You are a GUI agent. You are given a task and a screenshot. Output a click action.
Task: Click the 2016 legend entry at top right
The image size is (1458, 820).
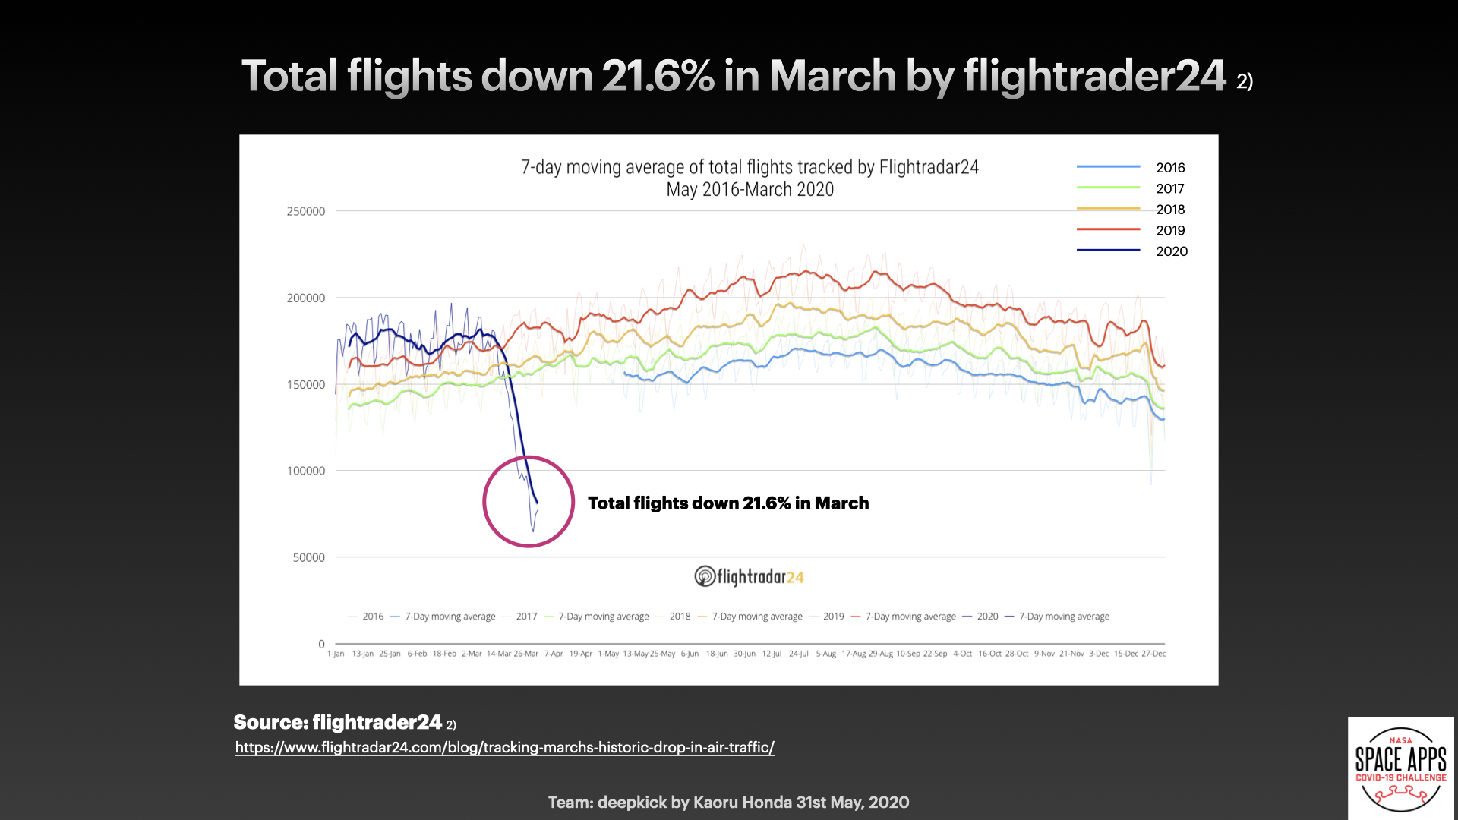(x=1169, y=167)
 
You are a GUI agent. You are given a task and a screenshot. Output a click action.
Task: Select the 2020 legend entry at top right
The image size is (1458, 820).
(x=1171, y=251)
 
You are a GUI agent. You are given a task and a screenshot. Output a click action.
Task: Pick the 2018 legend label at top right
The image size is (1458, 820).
(x=1170, y=210)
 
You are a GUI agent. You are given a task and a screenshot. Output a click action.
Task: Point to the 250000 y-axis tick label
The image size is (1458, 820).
(x=305, y=211)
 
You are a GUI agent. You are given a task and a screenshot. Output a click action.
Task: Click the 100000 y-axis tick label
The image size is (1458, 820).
(x=305, y=471)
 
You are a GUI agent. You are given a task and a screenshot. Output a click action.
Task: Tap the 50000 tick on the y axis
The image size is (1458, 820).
(x=308, y=557)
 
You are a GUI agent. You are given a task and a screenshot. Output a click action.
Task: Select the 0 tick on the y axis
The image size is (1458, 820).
(x=321, y=644)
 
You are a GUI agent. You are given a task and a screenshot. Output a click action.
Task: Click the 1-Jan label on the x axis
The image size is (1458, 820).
(x=336, y=654)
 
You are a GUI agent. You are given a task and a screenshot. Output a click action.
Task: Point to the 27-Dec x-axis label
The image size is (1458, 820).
(x=1153, y=654)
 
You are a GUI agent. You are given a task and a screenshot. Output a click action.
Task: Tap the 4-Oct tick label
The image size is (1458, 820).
(x=962, y=654)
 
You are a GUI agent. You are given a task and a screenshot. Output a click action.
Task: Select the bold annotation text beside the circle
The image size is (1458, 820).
(x=727, y=503)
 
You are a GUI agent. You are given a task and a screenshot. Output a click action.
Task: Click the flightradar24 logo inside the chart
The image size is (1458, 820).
(x=749, y=577)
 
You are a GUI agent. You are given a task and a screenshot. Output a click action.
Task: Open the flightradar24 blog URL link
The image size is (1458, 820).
(x=504, y=747)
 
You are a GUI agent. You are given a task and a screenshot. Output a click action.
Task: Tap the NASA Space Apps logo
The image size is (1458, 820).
(x=1400, y=768)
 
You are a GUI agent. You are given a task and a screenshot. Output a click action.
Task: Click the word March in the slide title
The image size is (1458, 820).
(x=832, y=76)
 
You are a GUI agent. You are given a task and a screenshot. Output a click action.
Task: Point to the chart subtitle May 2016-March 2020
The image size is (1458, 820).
(x=750, y=190)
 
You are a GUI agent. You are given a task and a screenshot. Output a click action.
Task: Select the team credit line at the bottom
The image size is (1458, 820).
(x=728, y=802)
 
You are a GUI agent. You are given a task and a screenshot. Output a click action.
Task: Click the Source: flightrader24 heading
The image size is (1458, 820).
(x=338, y=722)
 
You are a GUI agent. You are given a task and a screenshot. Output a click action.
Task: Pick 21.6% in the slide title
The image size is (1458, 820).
(x=658, y=76)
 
